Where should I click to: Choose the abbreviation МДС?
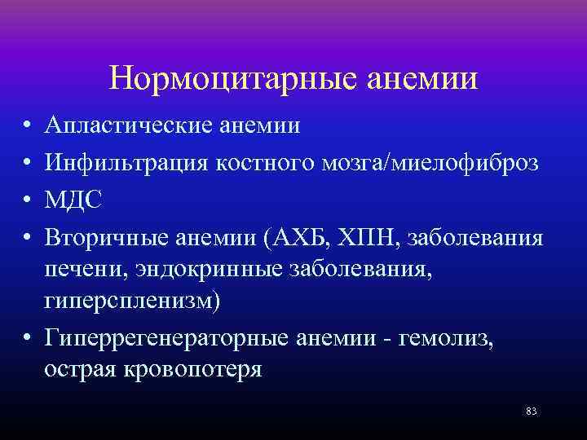coord(73,200)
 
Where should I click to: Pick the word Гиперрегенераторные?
coord(166,337)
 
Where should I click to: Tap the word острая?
coord(82,369)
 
